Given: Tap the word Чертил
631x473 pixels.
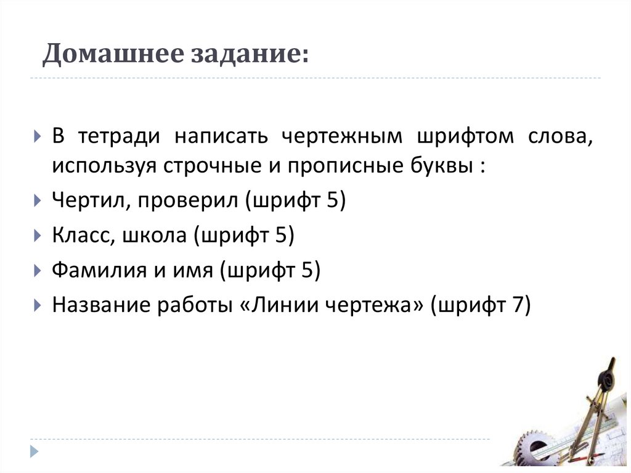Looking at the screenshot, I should [90, 201].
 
